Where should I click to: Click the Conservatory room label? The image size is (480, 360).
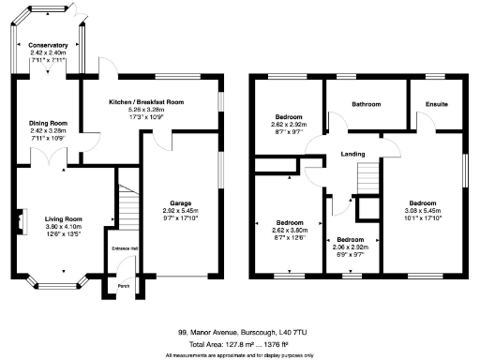point(48,45)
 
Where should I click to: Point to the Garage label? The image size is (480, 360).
point(181,202)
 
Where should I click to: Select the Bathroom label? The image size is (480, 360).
point(366,104)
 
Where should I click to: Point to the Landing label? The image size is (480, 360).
point(352,154)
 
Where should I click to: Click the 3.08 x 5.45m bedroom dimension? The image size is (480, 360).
point(422,211)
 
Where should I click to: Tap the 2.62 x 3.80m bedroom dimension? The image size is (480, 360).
point(289,230)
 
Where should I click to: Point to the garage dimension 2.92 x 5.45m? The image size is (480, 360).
point(181,211)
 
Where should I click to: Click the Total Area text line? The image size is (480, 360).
point(240,343)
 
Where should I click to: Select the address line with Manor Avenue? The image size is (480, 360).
point(240,332)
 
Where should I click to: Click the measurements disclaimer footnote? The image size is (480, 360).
point(240,354)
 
